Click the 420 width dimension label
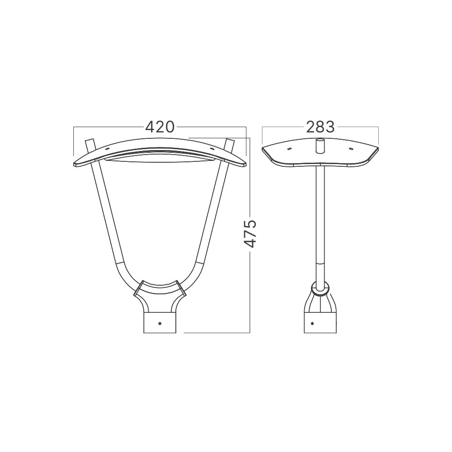tap(160, 127)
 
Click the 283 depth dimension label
tap(320, 127)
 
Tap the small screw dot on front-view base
tap(160, 324)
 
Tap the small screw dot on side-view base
tap(313, 323)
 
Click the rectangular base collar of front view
tap(160, 323)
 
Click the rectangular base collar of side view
tap(320, 323)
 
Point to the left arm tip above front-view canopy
tap(89, 140)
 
